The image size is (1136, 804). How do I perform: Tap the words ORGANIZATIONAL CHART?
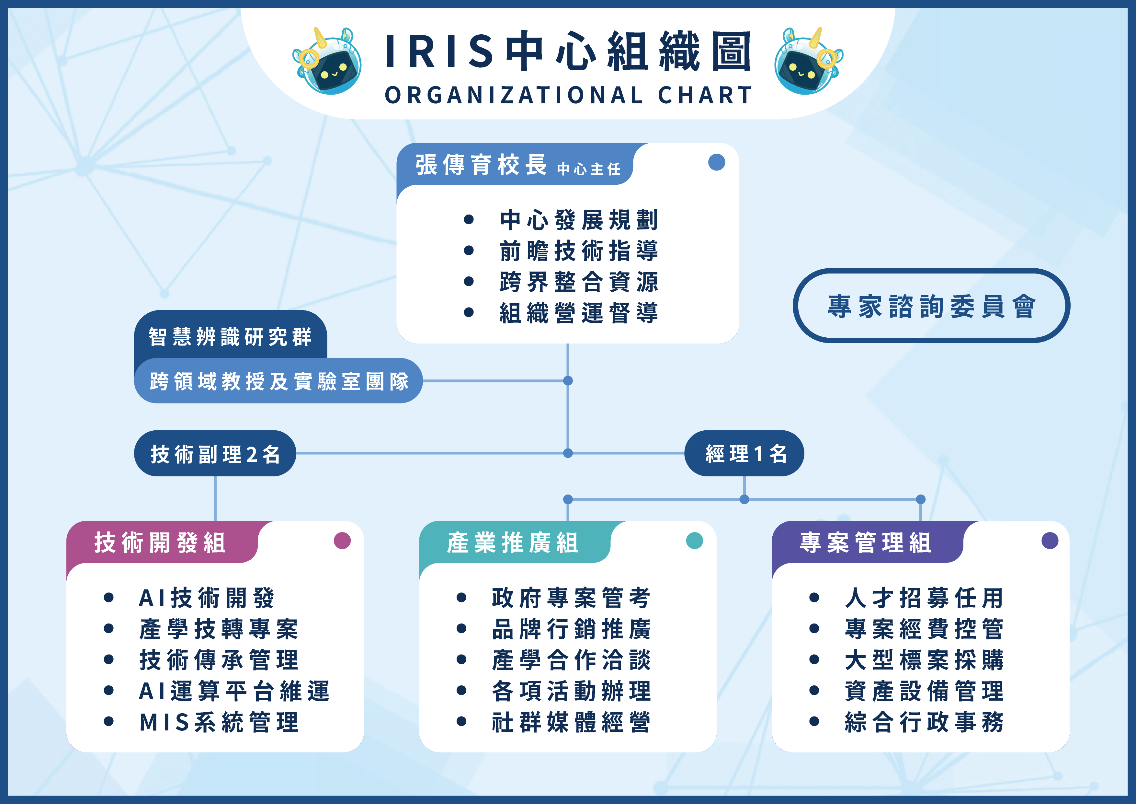(569, 95)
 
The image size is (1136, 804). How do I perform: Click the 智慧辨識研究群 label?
(230, 337)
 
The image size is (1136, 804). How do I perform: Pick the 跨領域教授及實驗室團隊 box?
(278, 381)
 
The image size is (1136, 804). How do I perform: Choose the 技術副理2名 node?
(215, 453)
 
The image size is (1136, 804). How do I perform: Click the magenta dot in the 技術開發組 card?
(342, 541)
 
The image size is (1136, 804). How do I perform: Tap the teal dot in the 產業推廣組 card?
(695, 541)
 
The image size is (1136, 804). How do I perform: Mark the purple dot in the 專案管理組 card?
(1050, 541)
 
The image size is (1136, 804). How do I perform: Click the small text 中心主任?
(589, 169)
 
